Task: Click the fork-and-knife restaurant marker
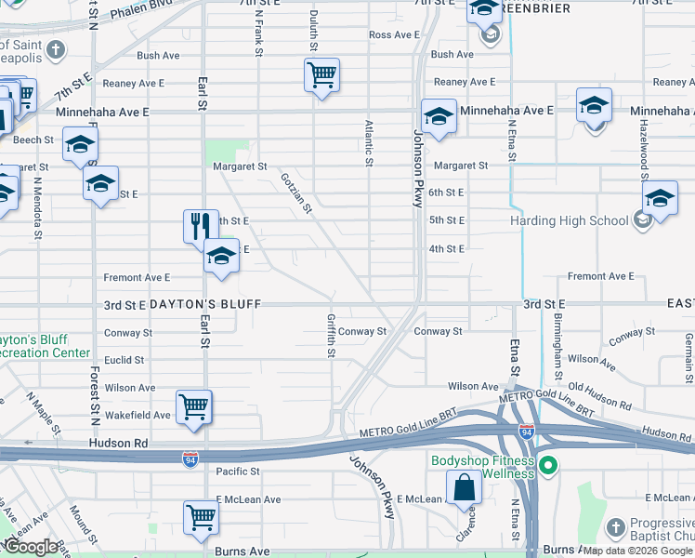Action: click(x=201, y=226)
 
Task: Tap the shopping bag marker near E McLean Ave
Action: click(x=464, y=486)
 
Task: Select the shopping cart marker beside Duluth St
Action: click(x=321, y=74)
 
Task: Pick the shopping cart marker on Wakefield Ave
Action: click(x=193, y=406)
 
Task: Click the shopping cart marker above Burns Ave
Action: click(x=201, y=516)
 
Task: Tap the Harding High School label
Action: click(x=570, y=220)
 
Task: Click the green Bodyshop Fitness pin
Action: click(x=548, y=465)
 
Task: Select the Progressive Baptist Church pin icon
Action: click(x=615, y=528)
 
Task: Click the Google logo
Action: click(x=30, y=548)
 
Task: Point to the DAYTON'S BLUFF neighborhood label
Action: click(x=203, y=304)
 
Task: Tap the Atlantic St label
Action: click(x=369, y=142)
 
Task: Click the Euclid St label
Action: click(x=124, y=360)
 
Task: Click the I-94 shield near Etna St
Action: click(x=526, y=431)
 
